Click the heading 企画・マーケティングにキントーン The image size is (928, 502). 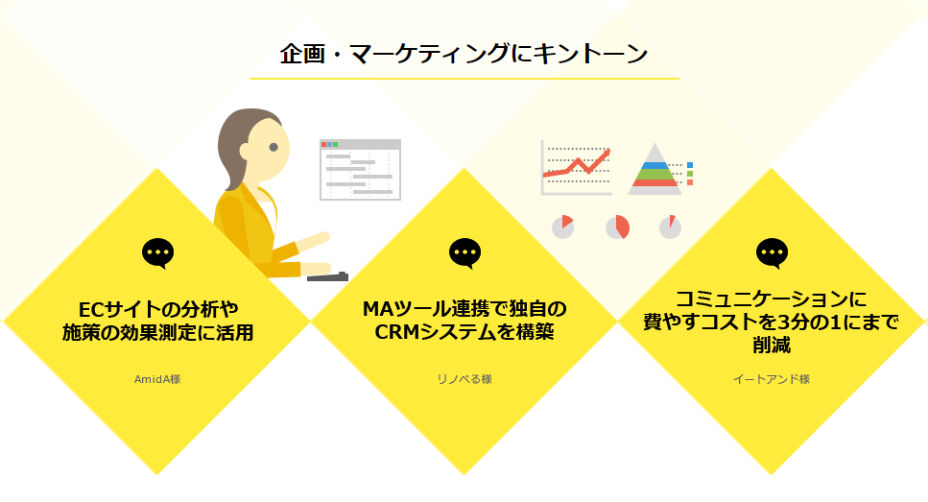click(x=464, y=54)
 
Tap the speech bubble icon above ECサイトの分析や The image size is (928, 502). click(x=157, y=253)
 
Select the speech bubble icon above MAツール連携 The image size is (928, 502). click(x=464, y=253)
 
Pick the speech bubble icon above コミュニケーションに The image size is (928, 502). click(x=772, y=253)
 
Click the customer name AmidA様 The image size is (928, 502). click(x=157, y=379)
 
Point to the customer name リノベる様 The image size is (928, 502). click(x=464, y=379)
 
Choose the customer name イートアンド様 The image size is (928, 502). click(x=772, y=379)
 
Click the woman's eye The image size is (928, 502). click(x=274, y=147)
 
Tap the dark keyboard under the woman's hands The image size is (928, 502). click(x=327, y=276)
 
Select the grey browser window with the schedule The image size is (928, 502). click(x=361, y=170)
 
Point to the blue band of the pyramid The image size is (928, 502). click(x=654, y=166)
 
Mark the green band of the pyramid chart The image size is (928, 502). click(x=654, y=174)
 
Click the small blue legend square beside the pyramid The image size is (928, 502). click(x=690, y=165)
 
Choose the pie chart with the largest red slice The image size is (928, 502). click(x=617, y=227)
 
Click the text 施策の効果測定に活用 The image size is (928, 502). click(x=157, y=333)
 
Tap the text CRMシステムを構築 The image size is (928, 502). click(x=464, y=332)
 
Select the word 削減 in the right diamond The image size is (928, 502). click(x=772, y=345)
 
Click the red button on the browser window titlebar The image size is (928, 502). click(x=323, y=144)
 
